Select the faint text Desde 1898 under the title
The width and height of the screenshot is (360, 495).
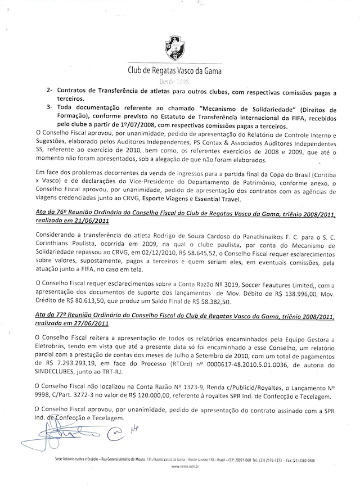[x=180, y=82]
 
